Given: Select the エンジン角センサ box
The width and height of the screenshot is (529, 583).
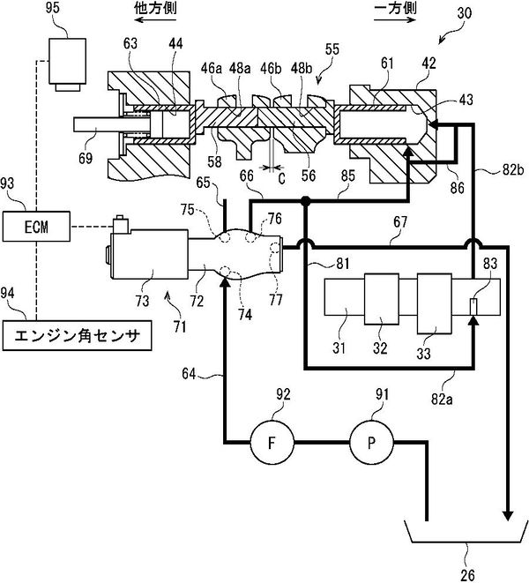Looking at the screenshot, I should point(76,335).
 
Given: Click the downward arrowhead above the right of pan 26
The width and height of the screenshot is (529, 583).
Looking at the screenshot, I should point(508,513).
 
